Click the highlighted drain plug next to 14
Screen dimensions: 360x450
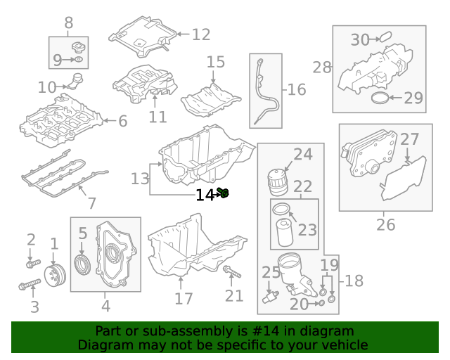pos(224,192)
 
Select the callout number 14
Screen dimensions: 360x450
pos(205,195)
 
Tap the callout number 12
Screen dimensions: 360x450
pos(200,34)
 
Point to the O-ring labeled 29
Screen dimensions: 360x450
pos(380,98)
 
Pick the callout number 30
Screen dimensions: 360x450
pos(360,39)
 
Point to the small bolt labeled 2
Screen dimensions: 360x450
pos(31,264)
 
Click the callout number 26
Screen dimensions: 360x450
pos(385,225)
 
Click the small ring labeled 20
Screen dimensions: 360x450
pos(320,303)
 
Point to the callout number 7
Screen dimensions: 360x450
pos(91,203)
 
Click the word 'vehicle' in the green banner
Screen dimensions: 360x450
pos(344,345)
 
